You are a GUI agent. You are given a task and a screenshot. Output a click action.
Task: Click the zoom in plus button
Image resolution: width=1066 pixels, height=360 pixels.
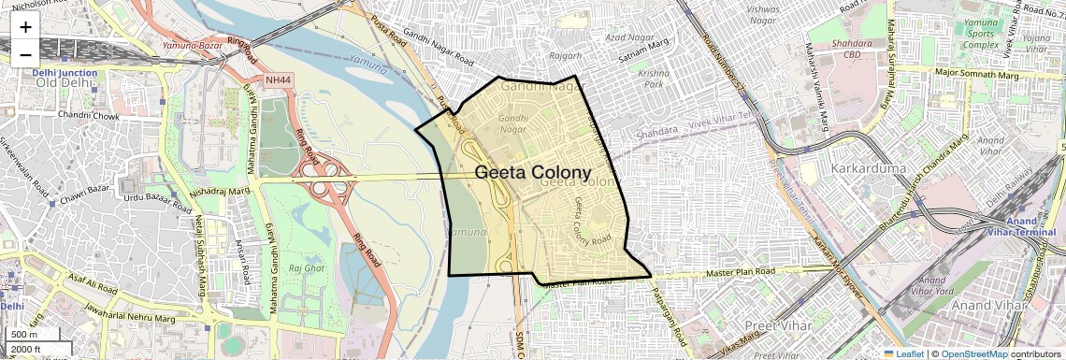coord(25,27)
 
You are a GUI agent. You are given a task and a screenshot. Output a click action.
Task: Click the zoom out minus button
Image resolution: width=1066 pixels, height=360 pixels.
coord(25,53)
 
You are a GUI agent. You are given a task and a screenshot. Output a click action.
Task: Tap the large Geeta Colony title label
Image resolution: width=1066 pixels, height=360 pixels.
coord(533,173)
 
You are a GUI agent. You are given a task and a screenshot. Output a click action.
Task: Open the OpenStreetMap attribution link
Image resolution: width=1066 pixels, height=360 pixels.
coord(973,353)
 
